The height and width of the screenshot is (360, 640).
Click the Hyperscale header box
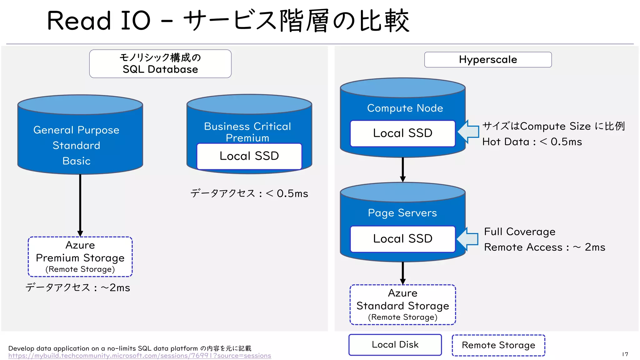point(487,59)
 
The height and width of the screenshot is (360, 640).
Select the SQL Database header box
point(160,64)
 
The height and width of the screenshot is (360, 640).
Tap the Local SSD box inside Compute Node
point(402,133)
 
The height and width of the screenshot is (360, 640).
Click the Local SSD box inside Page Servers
point(402,239)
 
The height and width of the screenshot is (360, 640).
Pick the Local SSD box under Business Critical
point(249,156)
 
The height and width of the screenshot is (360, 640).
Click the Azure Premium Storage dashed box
point(80,257)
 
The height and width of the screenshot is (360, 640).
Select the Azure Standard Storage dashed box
point(402,305)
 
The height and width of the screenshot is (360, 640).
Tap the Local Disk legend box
point(395,345)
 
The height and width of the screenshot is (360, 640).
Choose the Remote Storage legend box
point(498,345)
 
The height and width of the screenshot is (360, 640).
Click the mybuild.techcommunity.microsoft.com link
point(139,356)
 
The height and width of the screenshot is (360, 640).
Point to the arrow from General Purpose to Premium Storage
point(80,205)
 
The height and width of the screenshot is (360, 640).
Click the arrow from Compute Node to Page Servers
point(402,169)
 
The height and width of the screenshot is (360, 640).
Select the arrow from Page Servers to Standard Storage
point(402,272)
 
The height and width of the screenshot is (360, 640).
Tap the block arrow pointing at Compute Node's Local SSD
point(469,132)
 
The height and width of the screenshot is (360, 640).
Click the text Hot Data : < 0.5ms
point(532,142)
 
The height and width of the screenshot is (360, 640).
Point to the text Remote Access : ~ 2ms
point(544,247)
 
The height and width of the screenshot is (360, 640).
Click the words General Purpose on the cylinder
point(76,130)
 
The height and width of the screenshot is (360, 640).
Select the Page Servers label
point(402,213)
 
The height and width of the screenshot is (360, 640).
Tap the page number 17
point(625,354)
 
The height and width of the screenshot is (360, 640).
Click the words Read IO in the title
point(99,21)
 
